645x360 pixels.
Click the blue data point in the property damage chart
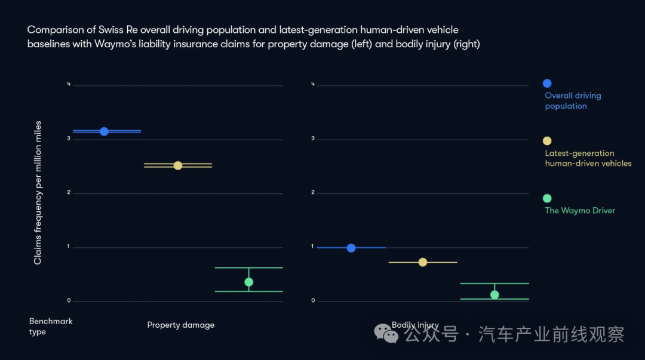[104, 131]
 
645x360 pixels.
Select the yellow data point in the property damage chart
[177, 165]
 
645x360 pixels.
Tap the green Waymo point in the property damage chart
[248, 282]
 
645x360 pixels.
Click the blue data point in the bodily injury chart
[351, 248]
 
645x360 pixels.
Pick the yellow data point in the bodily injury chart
[423, 262]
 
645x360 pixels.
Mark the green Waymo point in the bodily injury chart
[494, 294]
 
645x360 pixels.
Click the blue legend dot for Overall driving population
[547, 84]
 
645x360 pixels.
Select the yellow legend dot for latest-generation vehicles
[547, 141]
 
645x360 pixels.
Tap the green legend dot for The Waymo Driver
[547, 198]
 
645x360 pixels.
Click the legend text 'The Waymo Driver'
[579, 211]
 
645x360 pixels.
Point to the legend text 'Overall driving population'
[572, 101]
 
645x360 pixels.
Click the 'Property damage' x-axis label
[180, 325]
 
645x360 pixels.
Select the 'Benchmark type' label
[50, 327]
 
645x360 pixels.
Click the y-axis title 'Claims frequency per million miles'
[38, 193]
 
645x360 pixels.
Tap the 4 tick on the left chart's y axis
[69, 84]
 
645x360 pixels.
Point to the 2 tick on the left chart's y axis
[69, 193]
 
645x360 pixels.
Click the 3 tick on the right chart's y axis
[313, 139]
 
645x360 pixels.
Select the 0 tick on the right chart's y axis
[313, 301]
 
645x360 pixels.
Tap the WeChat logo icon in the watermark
[386, 334]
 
